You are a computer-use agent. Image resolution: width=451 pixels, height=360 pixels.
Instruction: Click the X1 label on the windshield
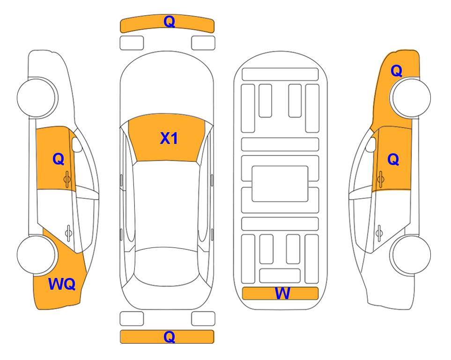(169, 138)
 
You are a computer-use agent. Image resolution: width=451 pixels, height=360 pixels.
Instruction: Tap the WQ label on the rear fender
(62, 284)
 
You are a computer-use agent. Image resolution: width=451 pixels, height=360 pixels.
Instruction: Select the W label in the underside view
(282, 293)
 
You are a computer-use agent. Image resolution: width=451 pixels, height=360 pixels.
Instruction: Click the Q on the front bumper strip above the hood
(169, 22)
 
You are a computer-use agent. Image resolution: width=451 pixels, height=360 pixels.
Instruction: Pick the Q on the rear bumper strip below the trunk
(169, 337)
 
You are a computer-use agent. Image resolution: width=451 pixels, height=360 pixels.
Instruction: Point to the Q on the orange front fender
(396, 71)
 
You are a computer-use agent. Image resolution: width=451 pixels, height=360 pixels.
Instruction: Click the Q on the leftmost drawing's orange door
(59, 159)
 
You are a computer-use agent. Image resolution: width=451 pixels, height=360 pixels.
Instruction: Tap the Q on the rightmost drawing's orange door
(393, 159)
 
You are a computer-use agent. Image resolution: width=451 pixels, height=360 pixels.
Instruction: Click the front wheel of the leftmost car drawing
(37, 97)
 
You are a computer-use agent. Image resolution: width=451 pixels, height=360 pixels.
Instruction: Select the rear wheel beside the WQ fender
(37, 255)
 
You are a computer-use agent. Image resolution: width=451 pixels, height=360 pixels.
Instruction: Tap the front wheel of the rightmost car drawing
(410, 97)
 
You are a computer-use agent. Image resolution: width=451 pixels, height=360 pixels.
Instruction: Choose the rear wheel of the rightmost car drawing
(410, 255)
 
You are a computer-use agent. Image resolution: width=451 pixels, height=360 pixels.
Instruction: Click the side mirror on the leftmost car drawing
(77, 144)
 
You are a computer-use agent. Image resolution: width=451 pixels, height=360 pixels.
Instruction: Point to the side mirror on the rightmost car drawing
(371, 144)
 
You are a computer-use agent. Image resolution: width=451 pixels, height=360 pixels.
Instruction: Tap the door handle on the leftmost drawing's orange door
(67, 179)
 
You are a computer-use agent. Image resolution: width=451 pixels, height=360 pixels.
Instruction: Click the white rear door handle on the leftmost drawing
(68, 233)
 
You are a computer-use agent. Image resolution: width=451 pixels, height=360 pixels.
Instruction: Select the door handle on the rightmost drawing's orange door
(380, 179)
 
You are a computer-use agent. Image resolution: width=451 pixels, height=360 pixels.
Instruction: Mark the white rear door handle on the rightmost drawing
(379, 233)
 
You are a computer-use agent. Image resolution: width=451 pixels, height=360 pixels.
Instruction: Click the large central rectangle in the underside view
(280, 184)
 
